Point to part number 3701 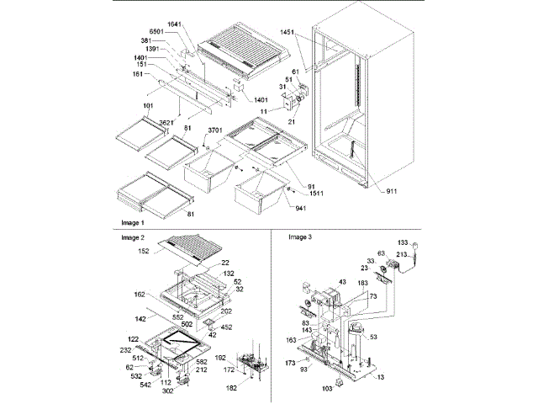click(x=215, y=130)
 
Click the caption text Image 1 click(x=132, y=223)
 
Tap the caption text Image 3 click(x=300, y=238)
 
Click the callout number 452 click(x=226, y=327)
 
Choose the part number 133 click(x=402, y=242)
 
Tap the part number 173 click(x=291, y=360)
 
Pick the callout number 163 click(x=291, y=342)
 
